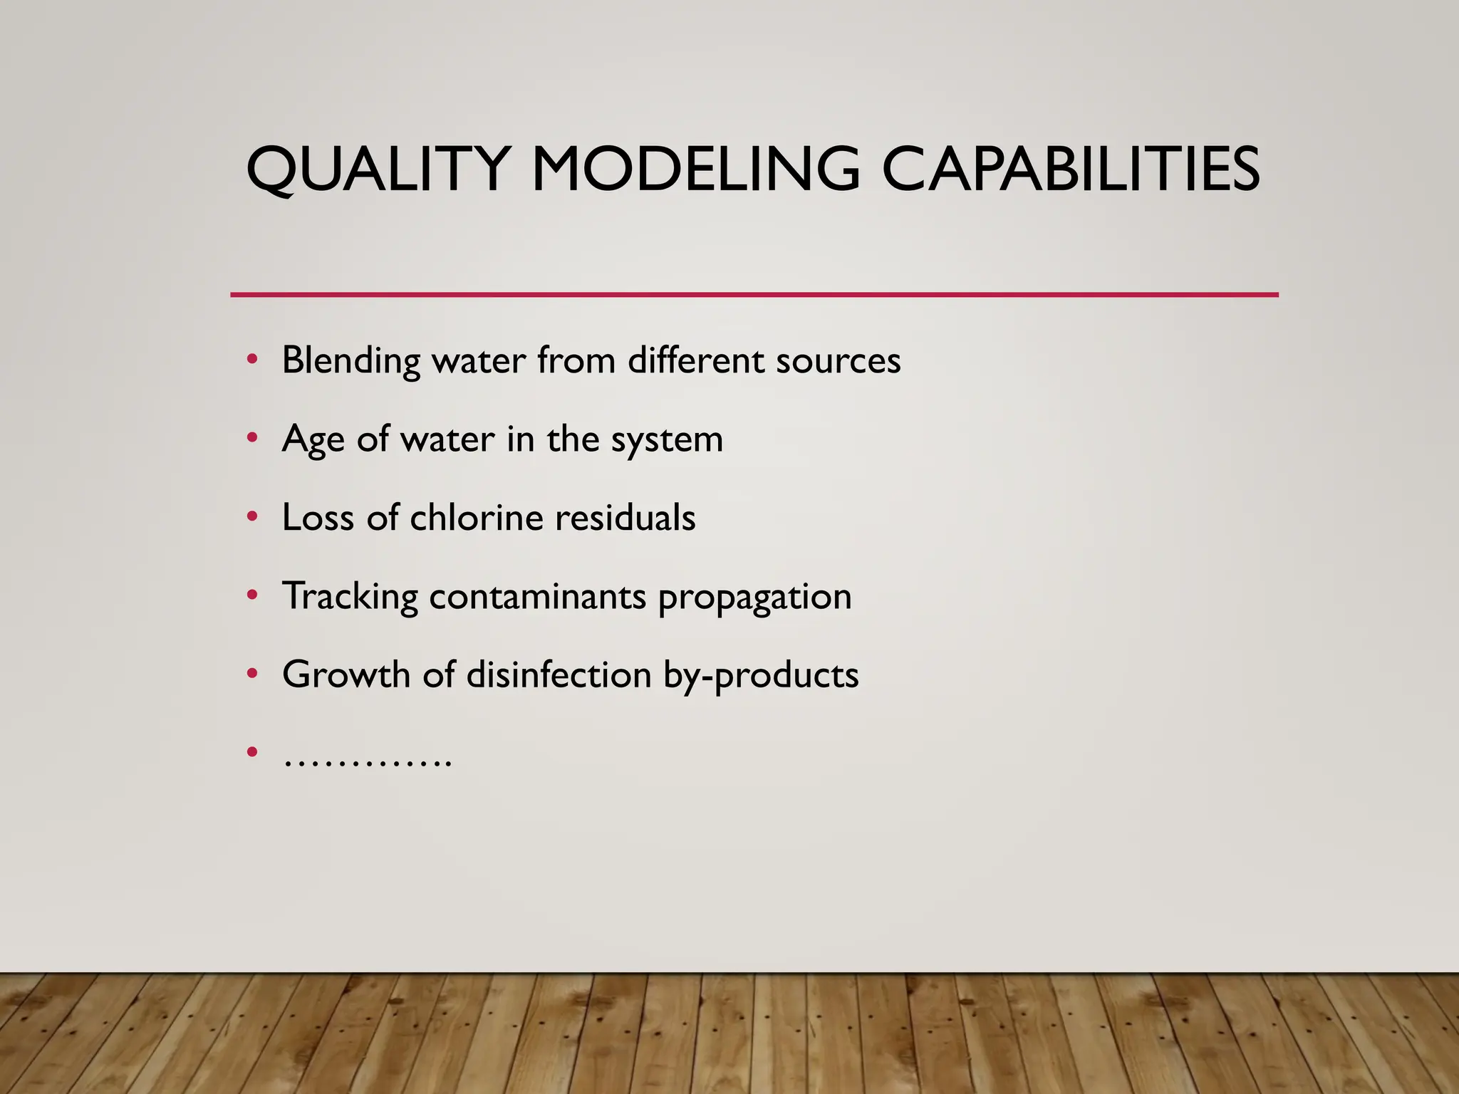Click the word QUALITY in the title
point(377,170)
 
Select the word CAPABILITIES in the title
point(1071,170)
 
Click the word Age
point(313,439)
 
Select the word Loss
point(318,517)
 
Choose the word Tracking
point(350,597)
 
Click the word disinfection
point(559,674)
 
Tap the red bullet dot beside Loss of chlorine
point(251,517)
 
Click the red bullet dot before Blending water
point(251,360)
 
